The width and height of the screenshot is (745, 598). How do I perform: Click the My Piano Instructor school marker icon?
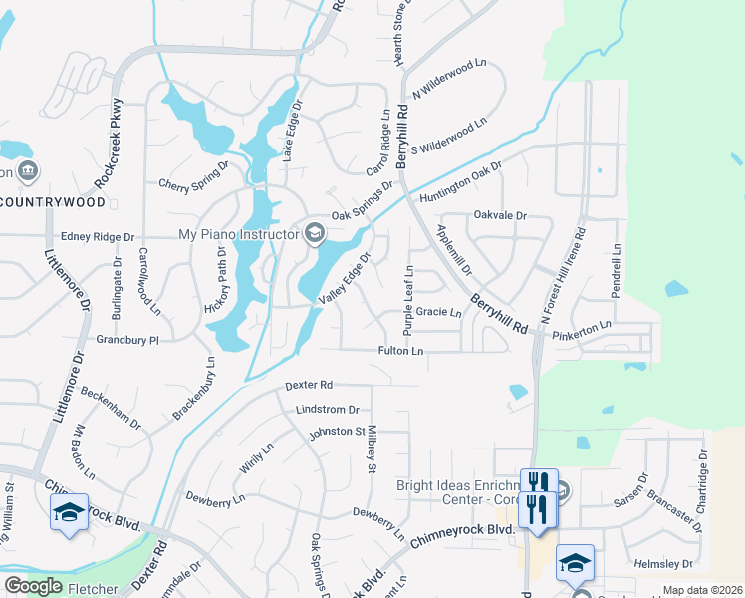coord(315,233)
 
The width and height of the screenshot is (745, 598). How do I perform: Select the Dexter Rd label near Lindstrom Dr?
coord(308,385)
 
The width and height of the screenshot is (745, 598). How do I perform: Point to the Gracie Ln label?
coord(438,312)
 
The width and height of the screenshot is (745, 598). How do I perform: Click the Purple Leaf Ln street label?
coord(408,300)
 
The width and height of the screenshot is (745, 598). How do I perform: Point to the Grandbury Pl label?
coord(127,340)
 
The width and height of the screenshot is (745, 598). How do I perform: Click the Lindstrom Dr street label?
coord(327,410)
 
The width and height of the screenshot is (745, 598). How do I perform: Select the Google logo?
coord(34,586)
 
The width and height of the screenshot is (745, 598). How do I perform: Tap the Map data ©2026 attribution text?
coord(701,590)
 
